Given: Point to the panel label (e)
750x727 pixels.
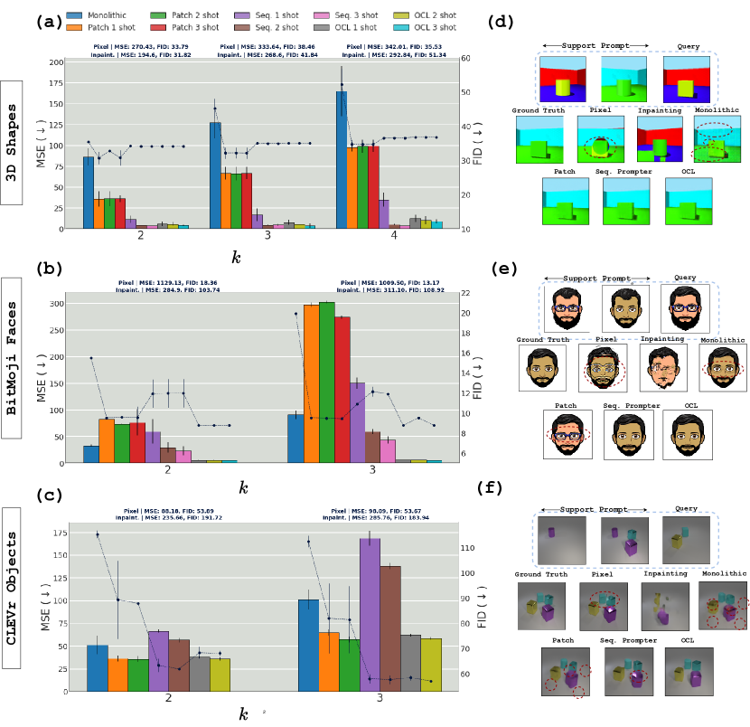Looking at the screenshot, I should click(x=502, y=269).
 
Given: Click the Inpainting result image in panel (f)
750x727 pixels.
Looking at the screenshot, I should click(x=663, y=605).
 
